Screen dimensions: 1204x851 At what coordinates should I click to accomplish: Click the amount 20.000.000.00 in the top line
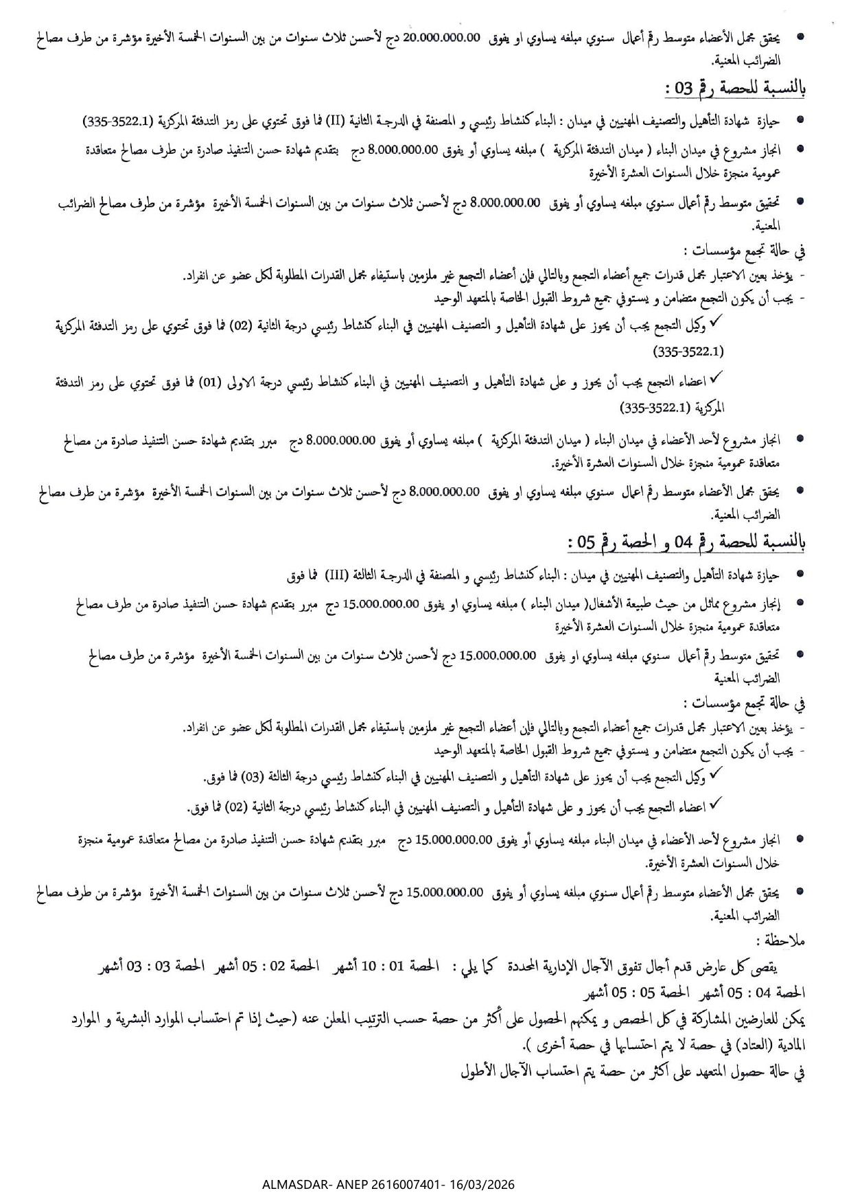click(x=441, y=38)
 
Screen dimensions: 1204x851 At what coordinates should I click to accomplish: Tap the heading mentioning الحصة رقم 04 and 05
click(x=686, y=542)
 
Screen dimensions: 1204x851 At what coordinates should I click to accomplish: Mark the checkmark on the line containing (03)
click(x=714, y=773)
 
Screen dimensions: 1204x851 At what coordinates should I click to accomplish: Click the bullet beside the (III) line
click(x=799, y=575)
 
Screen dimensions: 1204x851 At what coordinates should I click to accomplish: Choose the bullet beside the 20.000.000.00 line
click(x=799, y=38)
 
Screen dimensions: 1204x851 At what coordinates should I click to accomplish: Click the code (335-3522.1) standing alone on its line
click(x=689, y=352)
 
